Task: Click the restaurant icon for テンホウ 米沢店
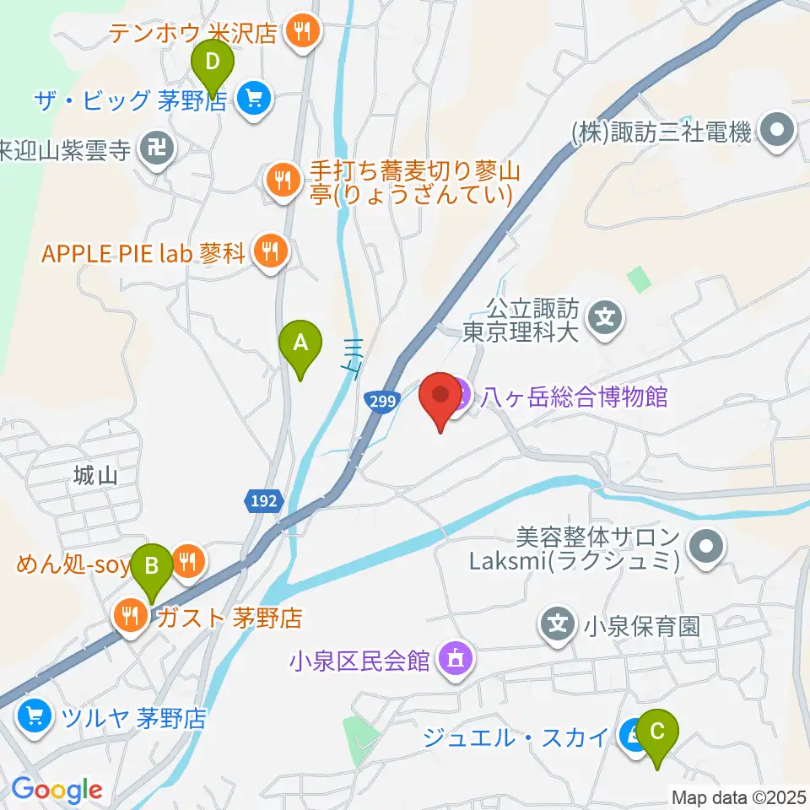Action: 301,32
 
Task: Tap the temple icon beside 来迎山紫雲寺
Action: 158,150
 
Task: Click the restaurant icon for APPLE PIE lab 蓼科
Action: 270,251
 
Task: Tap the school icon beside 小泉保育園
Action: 557,625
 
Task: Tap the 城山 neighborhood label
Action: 94,475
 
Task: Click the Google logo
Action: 57,790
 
